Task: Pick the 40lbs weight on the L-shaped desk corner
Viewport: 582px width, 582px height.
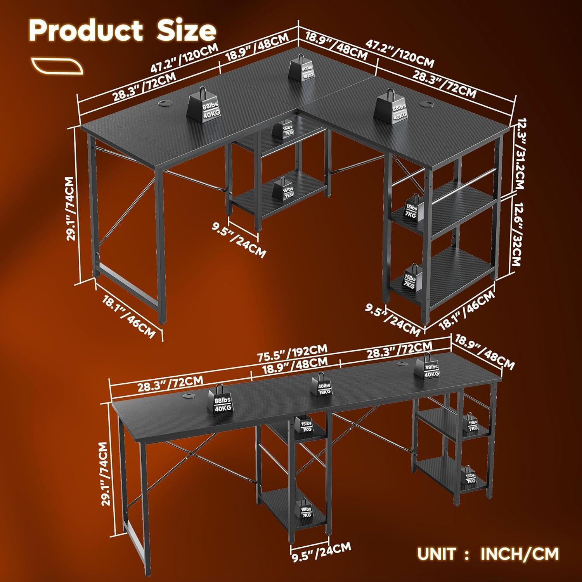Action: click(x=301, y=69)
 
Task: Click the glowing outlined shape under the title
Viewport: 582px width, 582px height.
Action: click(x=57, y=66)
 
